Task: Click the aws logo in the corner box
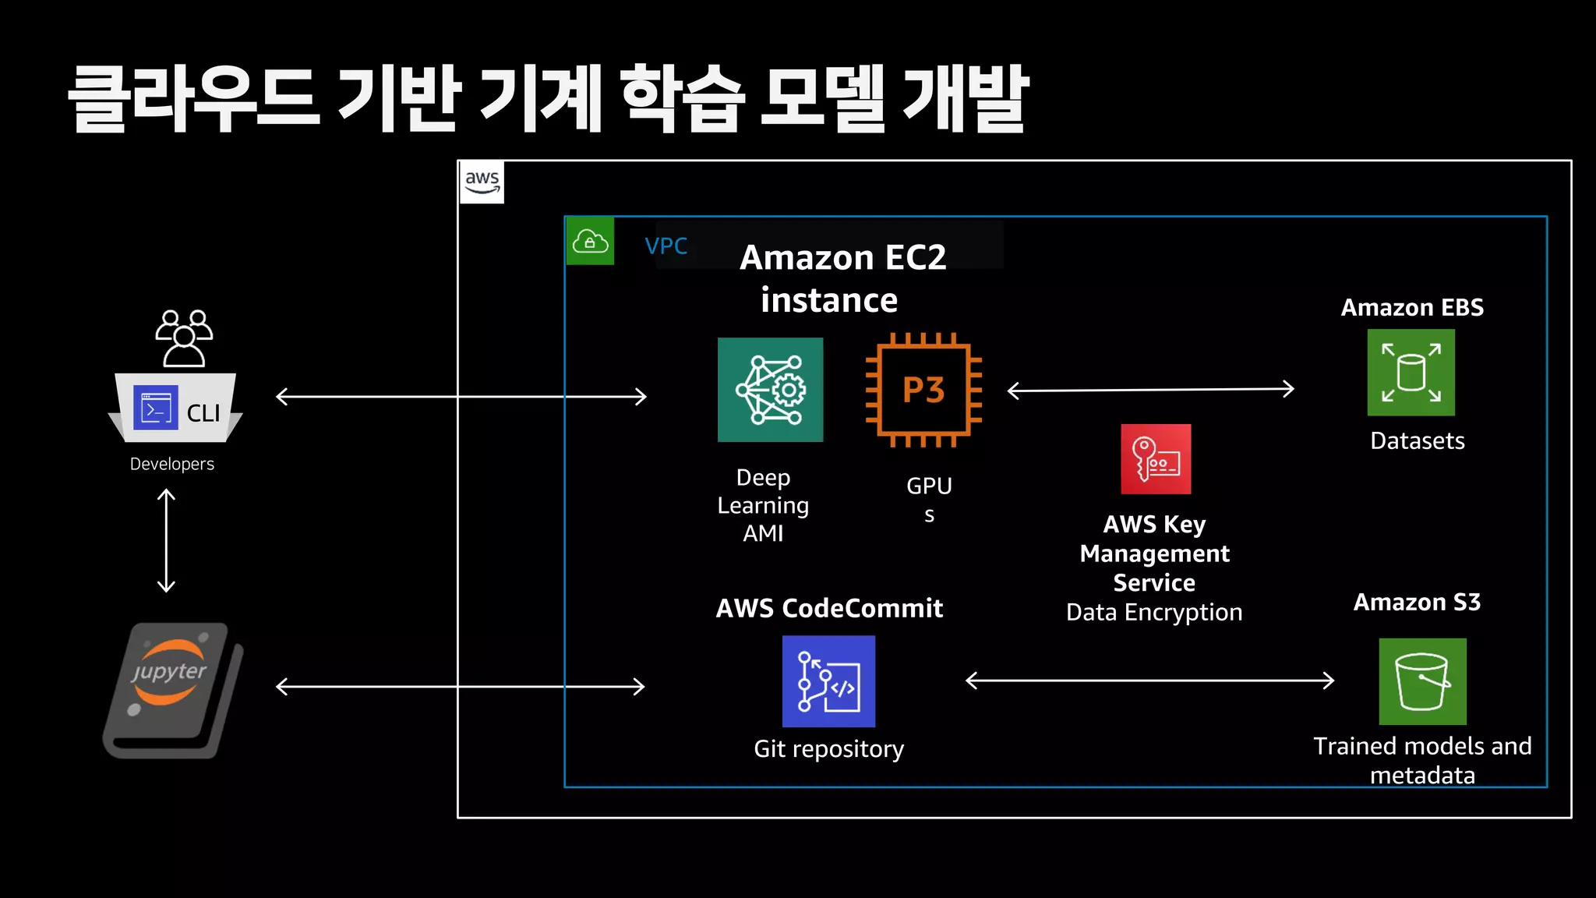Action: pos(482,182)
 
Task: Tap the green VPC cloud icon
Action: pos(590,242)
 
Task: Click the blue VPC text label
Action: pos(666,246)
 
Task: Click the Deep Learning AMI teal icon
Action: pos(770,390)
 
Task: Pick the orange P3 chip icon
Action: pos(923,390)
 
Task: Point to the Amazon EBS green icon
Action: pos(1411,373)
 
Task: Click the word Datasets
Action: pos(1417,441)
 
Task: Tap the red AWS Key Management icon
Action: pos(1156,459)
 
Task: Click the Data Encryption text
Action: pos(1153,613)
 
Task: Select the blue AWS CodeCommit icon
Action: pos(828,681)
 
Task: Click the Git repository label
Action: pos(828,749)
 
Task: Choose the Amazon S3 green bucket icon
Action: pos(1422,682)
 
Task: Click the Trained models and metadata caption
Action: pos(1422,760)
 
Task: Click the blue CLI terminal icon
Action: pos(156,408)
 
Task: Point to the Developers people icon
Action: pos(184,338)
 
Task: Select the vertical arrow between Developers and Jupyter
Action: pos(166,541)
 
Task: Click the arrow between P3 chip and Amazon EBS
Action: pos(1150,390)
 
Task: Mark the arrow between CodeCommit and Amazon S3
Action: pos(1149,681)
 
